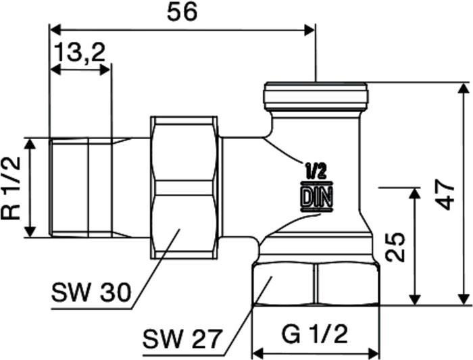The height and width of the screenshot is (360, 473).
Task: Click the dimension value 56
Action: pyautogui.click(x=182, y=12)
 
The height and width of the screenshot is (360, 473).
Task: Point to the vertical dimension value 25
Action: pyautogui.click(x=397, y=247)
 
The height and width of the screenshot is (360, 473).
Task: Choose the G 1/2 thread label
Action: pyautogui.click(x=315, y=333)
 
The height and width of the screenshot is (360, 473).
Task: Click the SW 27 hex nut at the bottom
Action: pyautogui.click(x=315, y=284)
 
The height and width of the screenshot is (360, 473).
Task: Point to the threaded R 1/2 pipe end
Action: pyautogui.click(x=81, y=187)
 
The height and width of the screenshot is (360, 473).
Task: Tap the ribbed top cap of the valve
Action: pyautogui.click(x=316, y=96)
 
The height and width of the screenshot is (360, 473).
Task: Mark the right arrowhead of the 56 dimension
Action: pyautogui.click(x=310, y=29)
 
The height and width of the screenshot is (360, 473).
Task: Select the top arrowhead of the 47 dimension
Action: pyautogui.click(x=464, y=88)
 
